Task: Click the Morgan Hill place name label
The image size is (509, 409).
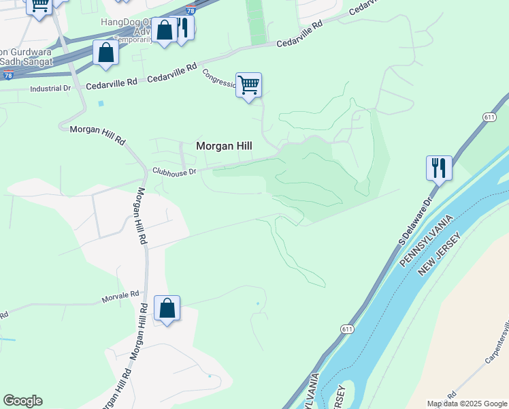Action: [224, 146]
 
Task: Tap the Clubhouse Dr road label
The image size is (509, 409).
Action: [174, 172]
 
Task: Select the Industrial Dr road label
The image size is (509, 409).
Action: [50, 89]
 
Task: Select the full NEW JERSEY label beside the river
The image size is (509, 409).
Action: [440, 254]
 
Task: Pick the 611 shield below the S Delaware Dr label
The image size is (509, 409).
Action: [347, 329]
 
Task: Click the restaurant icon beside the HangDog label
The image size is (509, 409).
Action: [182, 29]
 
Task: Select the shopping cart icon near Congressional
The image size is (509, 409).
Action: [249, 85]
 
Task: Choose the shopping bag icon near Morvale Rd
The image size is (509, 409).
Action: [167, 308]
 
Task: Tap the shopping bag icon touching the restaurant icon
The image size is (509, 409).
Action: [164, 31]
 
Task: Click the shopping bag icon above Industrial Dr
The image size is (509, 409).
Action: [106, 52]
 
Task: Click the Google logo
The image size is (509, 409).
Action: [22, 401]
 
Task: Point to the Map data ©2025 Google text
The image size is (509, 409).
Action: [466, 404]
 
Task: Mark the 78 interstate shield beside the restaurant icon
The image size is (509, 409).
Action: [191, 10]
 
